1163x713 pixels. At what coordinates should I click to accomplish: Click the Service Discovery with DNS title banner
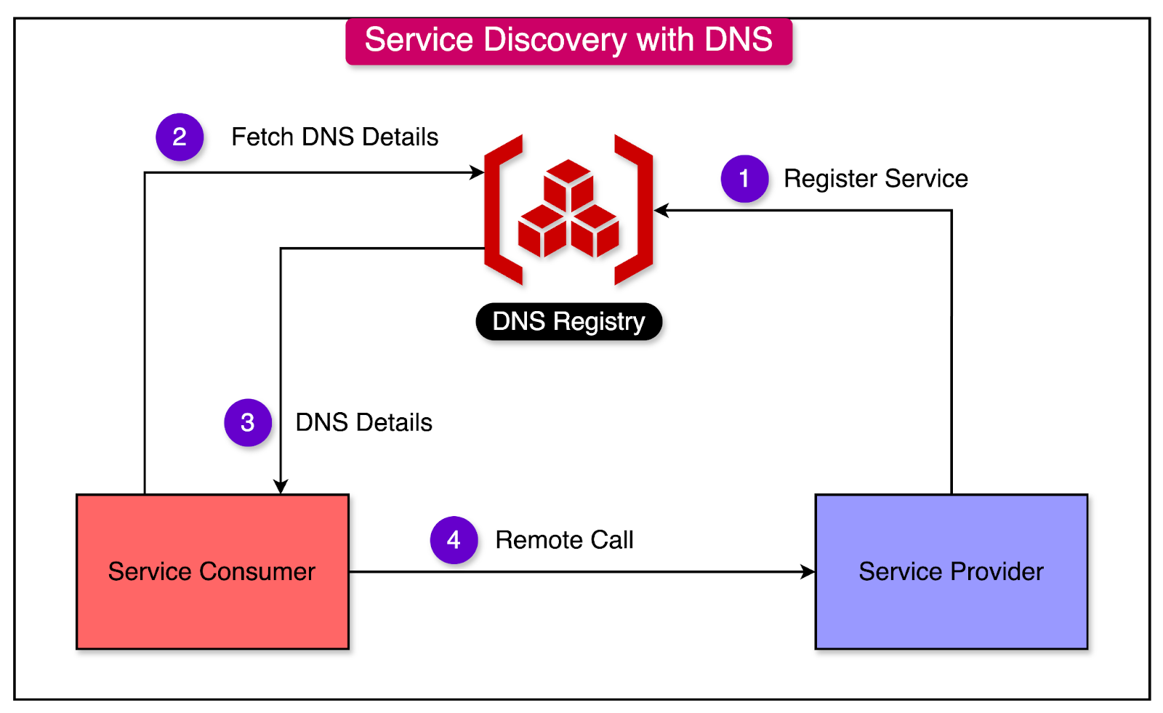568,41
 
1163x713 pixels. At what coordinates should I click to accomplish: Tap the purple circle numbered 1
744,179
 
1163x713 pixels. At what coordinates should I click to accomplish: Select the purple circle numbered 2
180,137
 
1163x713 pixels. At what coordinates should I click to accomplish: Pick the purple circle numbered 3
248,423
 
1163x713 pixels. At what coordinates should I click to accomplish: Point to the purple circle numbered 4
454,540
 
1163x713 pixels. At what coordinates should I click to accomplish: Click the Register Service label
876,179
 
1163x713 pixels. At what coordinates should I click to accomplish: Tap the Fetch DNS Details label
335,137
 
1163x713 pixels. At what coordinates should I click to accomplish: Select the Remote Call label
564,540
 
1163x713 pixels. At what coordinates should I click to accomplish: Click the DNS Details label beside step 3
364,423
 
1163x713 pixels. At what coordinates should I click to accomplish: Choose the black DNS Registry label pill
569,321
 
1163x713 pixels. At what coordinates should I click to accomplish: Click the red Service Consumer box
212,572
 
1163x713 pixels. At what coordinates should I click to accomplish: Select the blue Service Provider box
951,572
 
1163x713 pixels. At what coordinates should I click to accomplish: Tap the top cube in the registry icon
568,185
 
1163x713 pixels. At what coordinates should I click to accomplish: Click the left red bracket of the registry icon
503,210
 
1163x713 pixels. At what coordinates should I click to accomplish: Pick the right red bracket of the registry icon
634,210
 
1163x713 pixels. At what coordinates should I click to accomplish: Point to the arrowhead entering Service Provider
808,572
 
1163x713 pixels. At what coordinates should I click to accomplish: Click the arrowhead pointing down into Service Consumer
281,486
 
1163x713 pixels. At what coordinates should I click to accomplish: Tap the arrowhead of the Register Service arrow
661,211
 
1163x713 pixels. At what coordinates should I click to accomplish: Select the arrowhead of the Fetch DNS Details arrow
477,172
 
